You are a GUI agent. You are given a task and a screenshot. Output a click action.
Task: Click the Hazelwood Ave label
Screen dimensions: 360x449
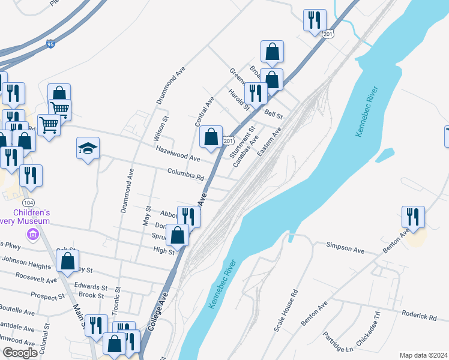point(178,154)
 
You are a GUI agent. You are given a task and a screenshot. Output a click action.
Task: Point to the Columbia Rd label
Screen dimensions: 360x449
point(186,175)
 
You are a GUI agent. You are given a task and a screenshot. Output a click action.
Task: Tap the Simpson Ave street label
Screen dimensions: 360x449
point(345,245)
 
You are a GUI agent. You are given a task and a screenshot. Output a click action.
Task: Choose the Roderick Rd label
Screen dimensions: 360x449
point(420,316)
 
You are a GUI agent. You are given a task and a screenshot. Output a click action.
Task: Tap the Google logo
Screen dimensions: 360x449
point(20,353)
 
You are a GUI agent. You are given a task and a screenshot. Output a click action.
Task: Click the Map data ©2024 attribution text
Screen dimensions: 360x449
point(423,355)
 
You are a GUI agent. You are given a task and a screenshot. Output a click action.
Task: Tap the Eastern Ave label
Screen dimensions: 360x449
point(269,142)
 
